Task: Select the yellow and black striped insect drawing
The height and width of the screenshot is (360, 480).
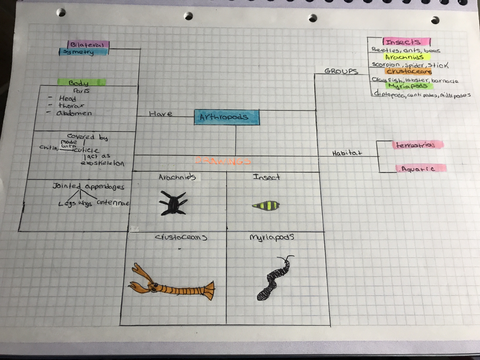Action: coord(266,207)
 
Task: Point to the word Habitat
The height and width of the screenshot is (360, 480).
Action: coord(346,153)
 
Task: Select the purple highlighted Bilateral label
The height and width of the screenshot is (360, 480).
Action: coord(88,44)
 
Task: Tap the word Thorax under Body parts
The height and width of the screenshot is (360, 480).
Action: coord(69,105)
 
